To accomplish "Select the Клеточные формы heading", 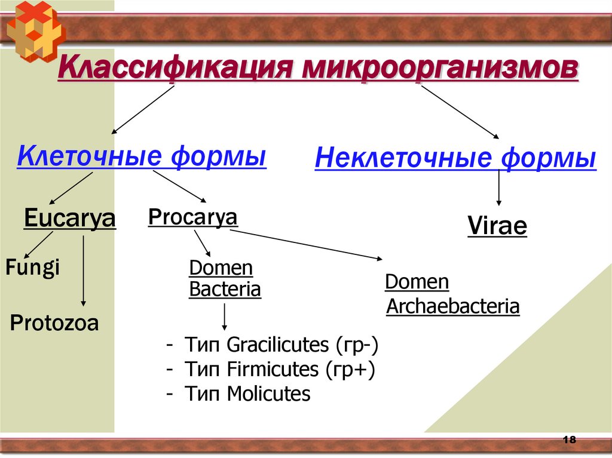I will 142,157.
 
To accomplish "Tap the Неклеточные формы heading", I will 455,159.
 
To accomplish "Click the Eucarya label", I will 70,219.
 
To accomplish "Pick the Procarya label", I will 192,217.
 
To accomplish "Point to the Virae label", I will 497,227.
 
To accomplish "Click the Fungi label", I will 32,267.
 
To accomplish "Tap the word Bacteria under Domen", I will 225,290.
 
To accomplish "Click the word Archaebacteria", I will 453,307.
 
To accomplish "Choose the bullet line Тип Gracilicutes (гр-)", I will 273,345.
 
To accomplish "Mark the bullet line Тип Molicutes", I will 239,394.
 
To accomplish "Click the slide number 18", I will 569,439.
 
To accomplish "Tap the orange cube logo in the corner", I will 34,30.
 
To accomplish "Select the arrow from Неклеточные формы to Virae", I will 498,189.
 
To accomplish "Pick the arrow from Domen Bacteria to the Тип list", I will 224,316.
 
